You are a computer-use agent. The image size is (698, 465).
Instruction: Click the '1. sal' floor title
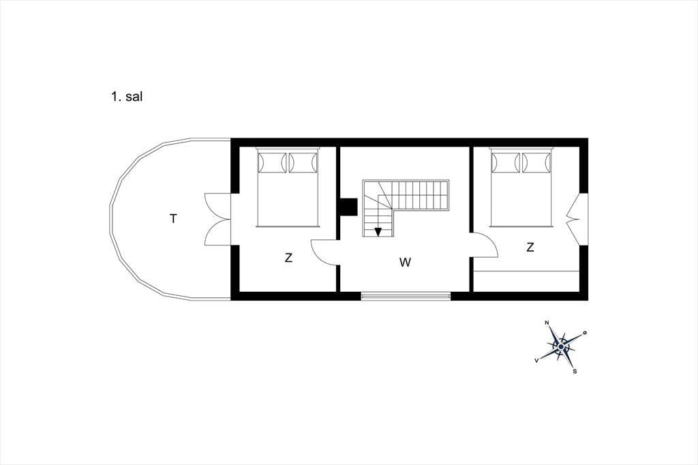(x=126, y=97)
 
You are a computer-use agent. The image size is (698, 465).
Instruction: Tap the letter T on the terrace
(x=173, y=219)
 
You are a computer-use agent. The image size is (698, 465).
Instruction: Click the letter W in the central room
(x=405, y=262)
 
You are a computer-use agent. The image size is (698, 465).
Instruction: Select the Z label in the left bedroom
(x=288, y=258)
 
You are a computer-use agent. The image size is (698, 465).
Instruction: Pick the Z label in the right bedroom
(x=530, y=247)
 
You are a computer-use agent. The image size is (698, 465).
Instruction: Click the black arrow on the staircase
(x=378, y=232)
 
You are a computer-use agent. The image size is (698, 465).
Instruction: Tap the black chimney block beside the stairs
(x=349, y=207)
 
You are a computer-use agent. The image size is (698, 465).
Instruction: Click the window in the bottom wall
(x=406, y=296)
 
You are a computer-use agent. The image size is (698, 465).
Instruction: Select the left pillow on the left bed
(x=272, y=162)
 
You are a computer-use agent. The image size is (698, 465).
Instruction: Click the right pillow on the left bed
(x=303, y=162)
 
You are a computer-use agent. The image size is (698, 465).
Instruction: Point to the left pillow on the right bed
(x=506, y=162)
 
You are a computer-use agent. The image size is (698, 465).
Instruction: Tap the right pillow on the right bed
(x=536, y=162)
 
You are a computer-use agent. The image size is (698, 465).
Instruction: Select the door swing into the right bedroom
(x=485, y=245)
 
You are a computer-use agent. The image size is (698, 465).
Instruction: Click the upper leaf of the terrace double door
(x=217, y=206)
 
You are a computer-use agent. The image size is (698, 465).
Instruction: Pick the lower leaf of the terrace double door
(x=217, y=232)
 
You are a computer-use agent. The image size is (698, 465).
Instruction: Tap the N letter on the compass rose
(x=547, y=323)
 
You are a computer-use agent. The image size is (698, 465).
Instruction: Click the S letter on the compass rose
(x=575, y=371)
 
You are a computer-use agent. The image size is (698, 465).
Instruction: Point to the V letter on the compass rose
(x=537, y=360)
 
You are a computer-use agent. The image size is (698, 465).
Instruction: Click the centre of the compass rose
(x=562, y=346)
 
